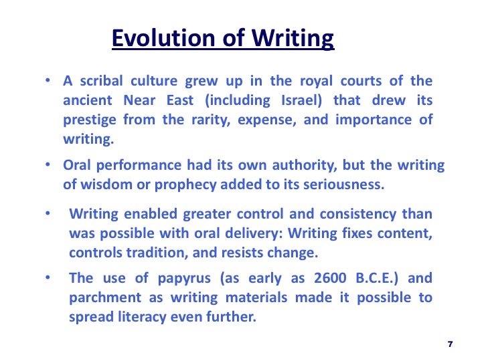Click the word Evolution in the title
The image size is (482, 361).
[163, 38]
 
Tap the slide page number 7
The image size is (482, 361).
[451, 344]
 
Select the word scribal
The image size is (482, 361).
[102, 81]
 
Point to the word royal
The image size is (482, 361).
[316, 82]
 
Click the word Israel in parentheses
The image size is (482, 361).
[299, 100]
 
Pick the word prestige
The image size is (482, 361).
[90, 120]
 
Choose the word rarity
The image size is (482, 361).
[211, 120]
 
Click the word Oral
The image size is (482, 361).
[77, 165]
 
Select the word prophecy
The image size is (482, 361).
[185, 185]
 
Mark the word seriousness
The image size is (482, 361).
[343, 185]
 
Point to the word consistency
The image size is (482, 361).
[358, 215]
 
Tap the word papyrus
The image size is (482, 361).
[184, 279]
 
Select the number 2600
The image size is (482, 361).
[330, 278]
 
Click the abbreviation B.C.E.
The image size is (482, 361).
[375, 278]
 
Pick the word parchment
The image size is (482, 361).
[105, 298]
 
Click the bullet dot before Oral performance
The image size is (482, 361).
[48, 165]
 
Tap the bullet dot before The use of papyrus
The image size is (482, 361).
[48, 277]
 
